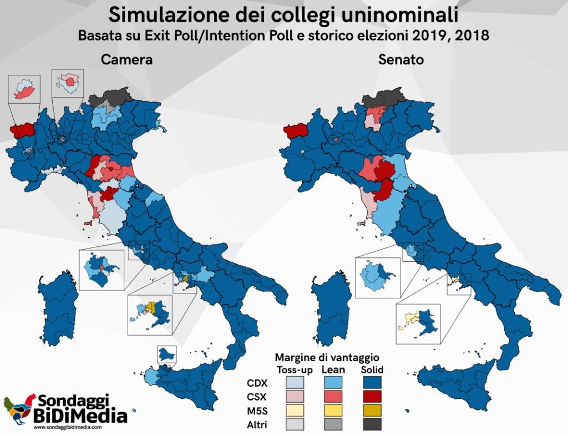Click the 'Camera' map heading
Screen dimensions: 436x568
126,60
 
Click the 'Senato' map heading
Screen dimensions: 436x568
401,60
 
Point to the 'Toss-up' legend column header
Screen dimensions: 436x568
295,369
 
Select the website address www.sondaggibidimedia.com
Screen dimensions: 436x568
67,427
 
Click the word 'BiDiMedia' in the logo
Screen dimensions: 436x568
80,415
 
